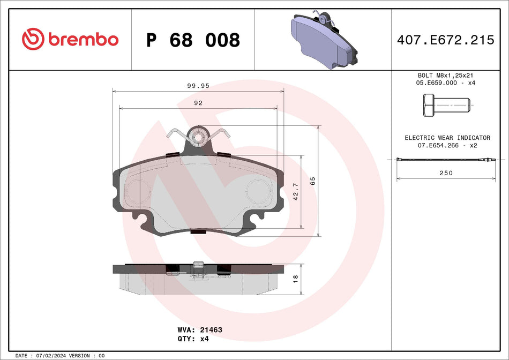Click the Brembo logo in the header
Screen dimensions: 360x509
point(70,39)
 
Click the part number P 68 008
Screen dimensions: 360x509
point(193,40)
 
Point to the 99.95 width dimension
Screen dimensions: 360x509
point(198,85)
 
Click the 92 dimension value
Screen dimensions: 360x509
point(198,103)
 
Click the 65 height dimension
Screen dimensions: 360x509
point(312,181)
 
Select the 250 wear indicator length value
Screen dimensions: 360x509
point(446,172)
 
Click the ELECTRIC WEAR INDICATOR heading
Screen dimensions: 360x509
point(447,138)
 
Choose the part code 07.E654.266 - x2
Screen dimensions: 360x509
point(447,146)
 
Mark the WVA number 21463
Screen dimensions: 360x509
point(199,330)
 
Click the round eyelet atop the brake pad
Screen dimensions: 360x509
point(198,137)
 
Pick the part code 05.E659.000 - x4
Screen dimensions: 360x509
point(446,83)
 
